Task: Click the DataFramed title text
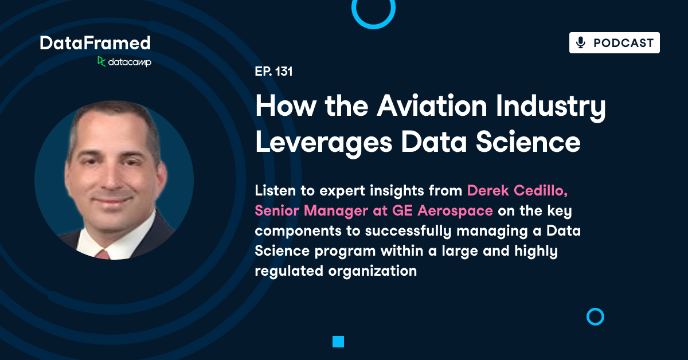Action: [x=95, y=42]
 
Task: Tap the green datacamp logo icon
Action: [x=101, y=61]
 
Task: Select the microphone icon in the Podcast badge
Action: [x=581, y=43]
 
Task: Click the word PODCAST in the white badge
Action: [x=623, y=43]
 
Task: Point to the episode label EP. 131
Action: [x=274, y=72]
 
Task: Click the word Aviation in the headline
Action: [x=423, y=107]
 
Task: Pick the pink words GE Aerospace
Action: [x=442, y=210]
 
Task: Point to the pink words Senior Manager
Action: [x=307, y=210]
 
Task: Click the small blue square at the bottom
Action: [x=338, y=342]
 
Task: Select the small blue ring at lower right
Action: [x=596, y=316]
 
